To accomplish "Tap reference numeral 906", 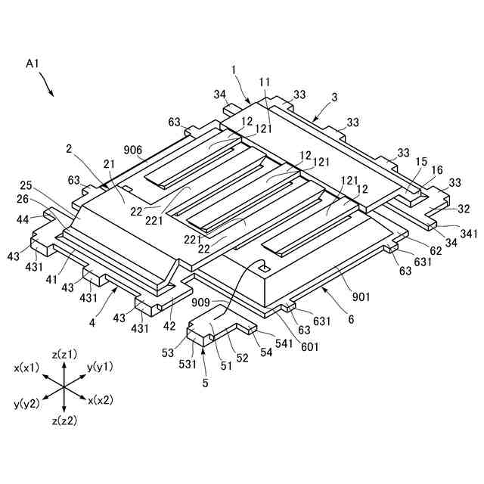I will click(132, 150).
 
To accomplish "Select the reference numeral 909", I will click(201, 303).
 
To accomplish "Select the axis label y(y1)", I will click(101, 366).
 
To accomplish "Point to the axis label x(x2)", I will click(101, 401).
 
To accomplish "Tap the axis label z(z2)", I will click(64, 419).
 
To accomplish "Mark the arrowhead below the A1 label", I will click(52, 95).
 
